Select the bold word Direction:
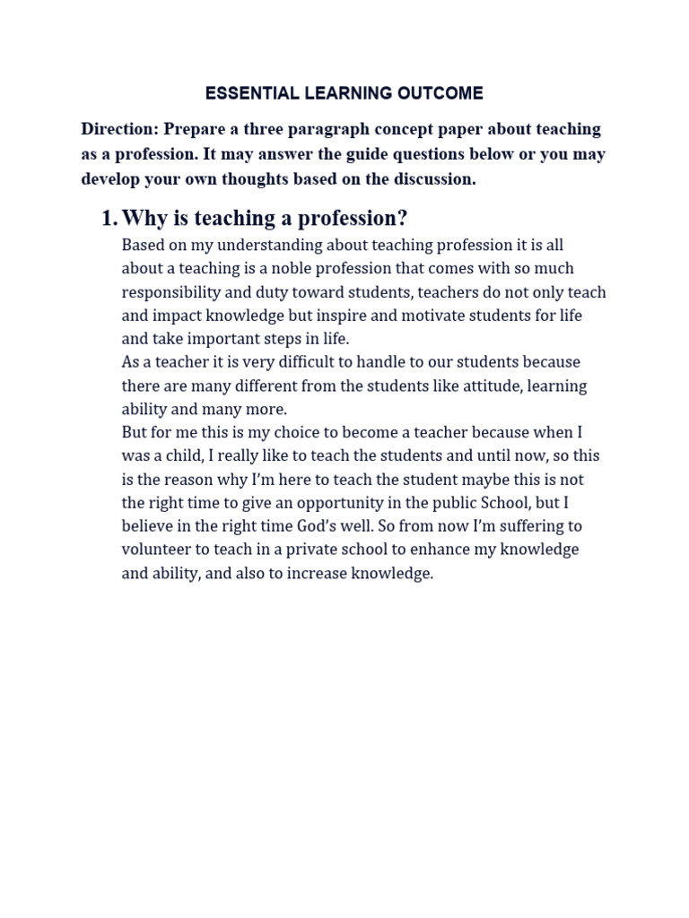pyautogui.click(x=120, y=129)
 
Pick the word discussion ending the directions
pyautogui.click(x=432, y=178)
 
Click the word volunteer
pyautogui.click(x=156, y=550)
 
